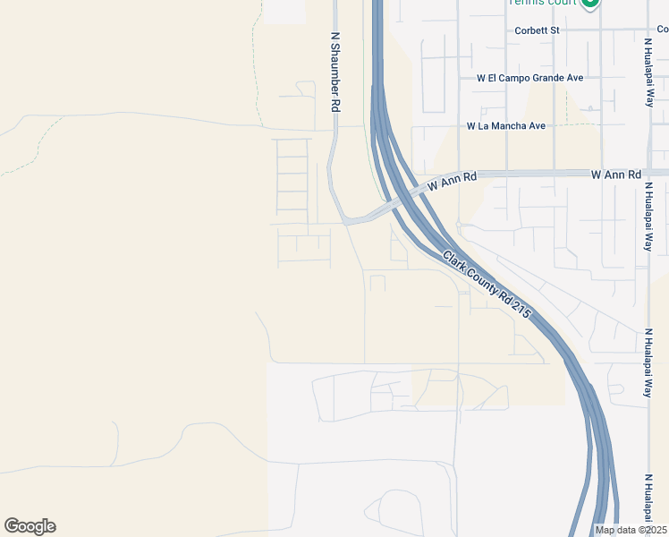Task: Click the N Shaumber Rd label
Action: pos(336,72)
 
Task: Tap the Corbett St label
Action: pos(537,30)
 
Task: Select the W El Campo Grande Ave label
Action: pos(530,78)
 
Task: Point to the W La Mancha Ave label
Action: pos(505,126)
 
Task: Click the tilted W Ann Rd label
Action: pos(453,183)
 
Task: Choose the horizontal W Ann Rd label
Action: pos(616,174)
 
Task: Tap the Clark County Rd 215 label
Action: pos(487,286)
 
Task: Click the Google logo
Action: pos(30,526)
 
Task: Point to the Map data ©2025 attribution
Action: pos(630,530)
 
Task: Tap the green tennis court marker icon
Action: pos(590,3)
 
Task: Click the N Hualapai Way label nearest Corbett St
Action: pos(648,72)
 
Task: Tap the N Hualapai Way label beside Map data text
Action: pos(648,501)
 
